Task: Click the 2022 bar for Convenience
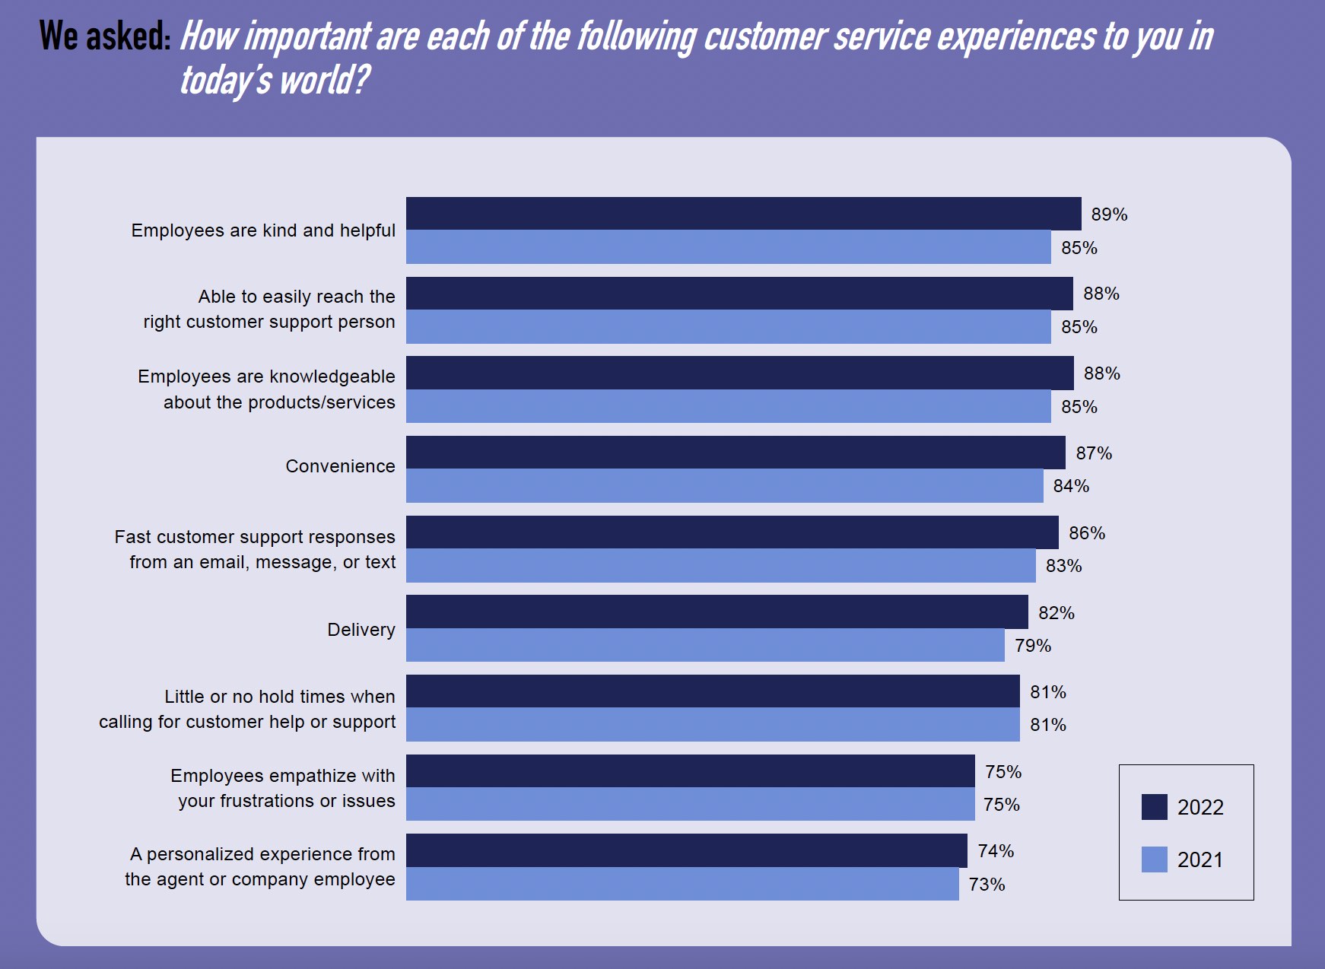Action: tap(736, 453)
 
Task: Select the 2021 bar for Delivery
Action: tap(705, 645)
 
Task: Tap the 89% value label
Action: tap(1109, 214)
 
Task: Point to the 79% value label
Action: tap(1033, 646)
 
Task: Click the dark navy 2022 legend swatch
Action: tap(1154, 807)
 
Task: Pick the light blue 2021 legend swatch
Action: tap(1154, 859)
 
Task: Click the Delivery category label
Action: tap(361, 630)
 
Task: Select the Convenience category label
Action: tap(340, 466)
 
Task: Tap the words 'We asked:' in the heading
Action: tap(105, 36)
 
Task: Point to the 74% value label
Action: tap(996, 851)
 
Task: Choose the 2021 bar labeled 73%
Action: tap(682, 884)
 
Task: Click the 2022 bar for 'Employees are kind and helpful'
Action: tap(743, 214)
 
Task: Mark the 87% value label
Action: tap(1094, 453)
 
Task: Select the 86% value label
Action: tap(1087, 533)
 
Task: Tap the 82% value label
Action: tap(1057, 613)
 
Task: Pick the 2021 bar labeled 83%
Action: tap(720, 565)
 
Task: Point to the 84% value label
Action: tap(1071, 486)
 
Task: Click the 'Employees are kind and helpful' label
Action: tap(263, 230)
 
